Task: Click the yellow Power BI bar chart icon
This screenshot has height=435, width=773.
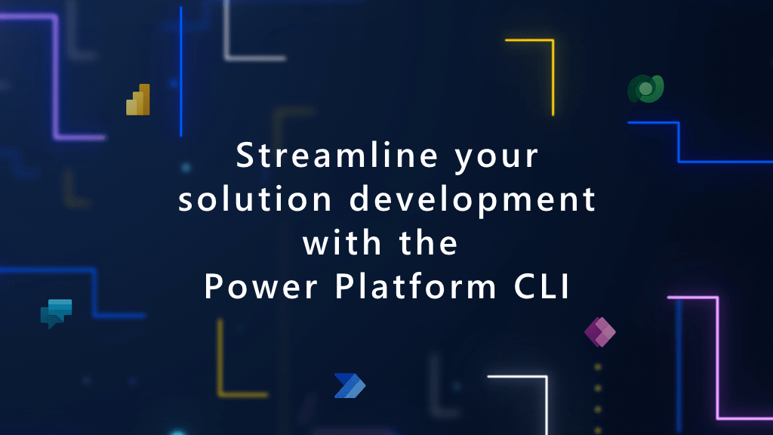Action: point(138,100)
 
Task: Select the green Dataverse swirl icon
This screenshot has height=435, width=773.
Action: point(645,89)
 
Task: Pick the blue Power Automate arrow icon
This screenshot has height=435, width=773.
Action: point(350,385)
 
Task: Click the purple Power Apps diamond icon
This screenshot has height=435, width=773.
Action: point(600,332)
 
